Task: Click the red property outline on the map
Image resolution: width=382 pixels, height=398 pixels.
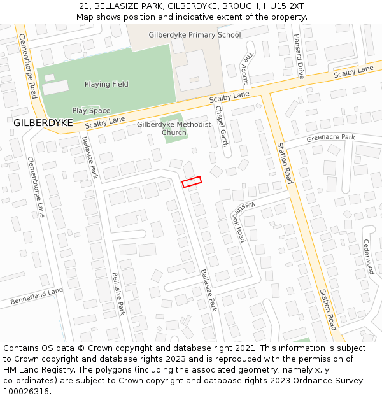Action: pyautogui.click(x=192, y=182)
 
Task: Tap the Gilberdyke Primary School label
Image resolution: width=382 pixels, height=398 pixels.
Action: pyautogui.click(x=194, y=35)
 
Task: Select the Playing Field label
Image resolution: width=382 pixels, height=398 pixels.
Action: pyautogui.click(x=106, y=84)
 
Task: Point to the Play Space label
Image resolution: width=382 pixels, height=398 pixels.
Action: pyautogui.click(x=91, y=111)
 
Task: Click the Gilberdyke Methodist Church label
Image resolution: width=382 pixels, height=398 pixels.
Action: pyautogui.click(x=174, y=128)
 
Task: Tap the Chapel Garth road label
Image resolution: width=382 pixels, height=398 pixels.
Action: pyautogui.click(x=221, y=125)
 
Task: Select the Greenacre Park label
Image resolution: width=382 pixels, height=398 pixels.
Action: pyautogui.click(x=330, y=138)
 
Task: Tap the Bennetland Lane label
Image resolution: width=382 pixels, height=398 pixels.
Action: pyautogui.click(x=37, y=295)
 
